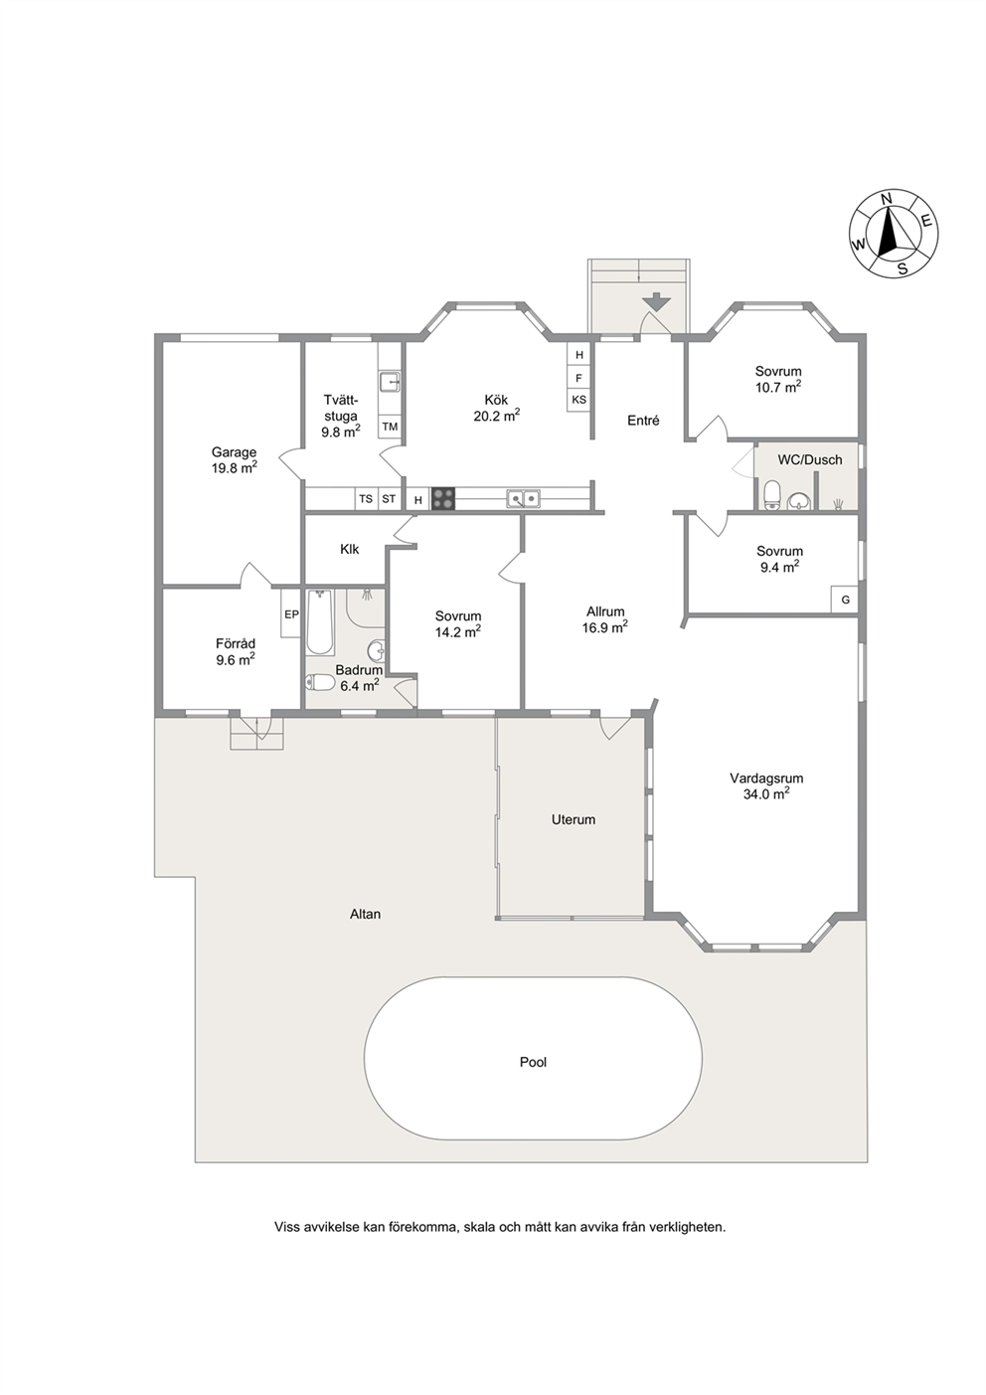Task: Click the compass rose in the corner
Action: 894,234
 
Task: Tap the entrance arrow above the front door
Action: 657,301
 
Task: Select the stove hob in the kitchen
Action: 442,499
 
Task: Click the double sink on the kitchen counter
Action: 523,498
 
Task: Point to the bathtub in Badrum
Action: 321,622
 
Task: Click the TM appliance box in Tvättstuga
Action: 391,427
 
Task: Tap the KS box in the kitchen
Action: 578,400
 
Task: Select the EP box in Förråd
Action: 290,612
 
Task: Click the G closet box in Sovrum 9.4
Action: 845,600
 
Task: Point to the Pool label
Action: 533,1062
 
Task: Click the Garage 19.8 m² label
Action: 234,460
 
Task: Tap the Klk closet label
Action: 349,549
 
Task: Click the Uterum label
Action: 574,819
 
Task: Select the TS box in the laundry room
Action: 366,499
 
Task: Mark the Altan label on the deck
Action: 365,914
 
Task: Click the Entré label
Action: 643,421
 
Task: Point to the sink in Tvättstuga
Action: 391,381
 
